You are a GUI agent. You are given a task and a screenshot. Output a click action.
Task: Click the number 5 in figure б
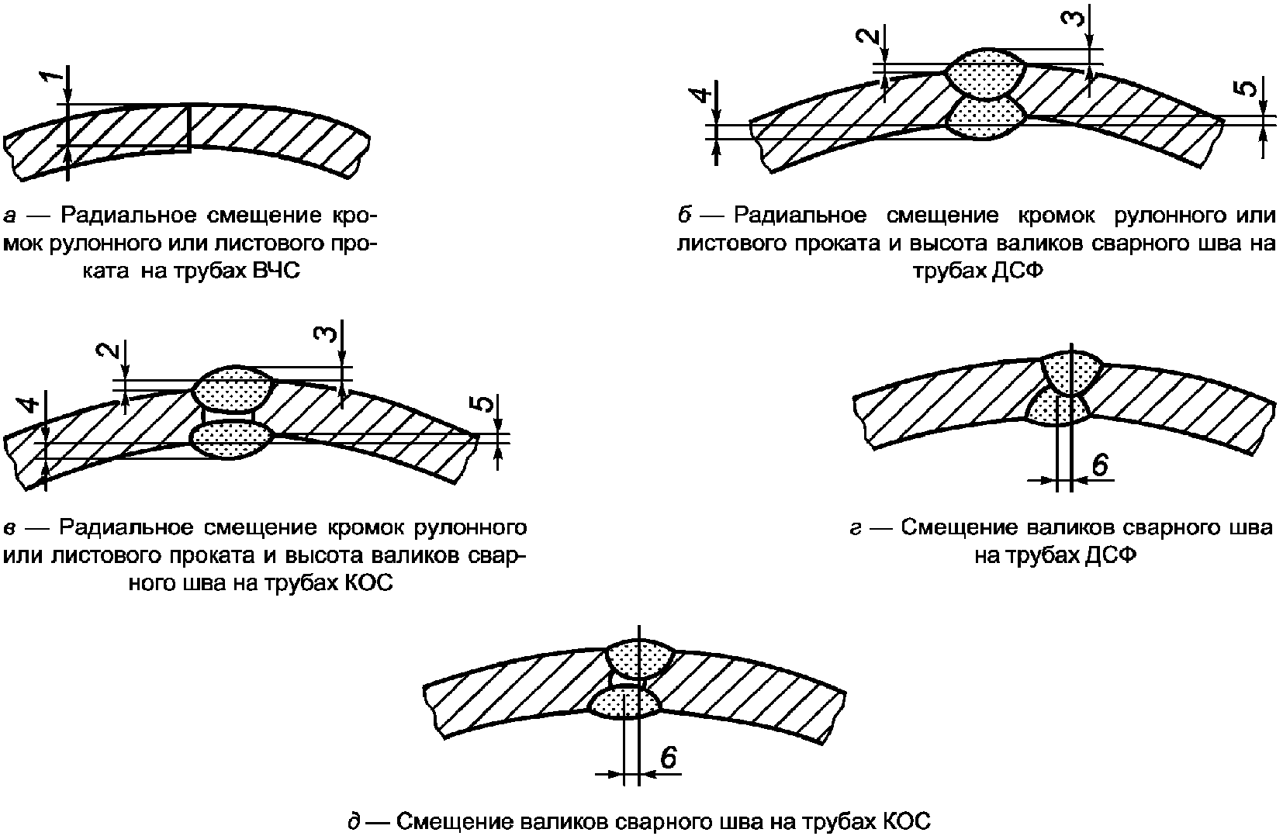(1247, 88)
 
